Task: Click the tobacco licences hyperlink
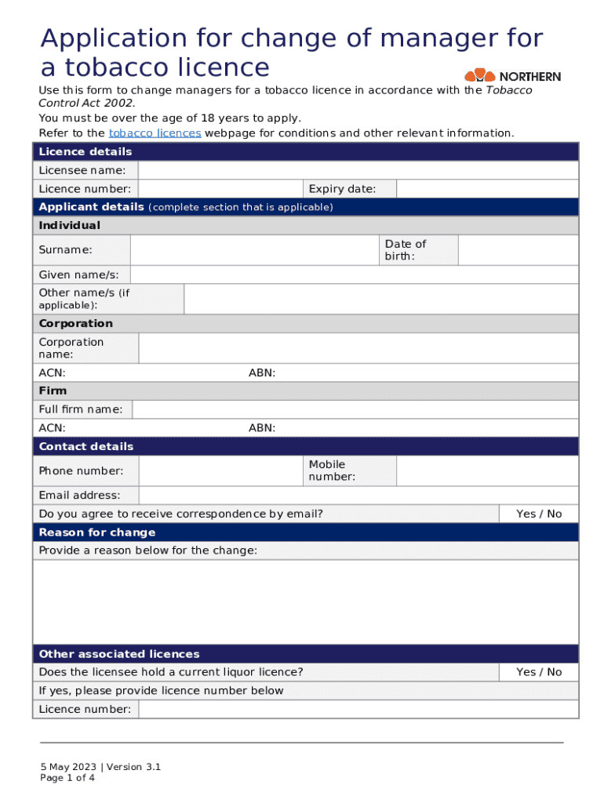pyautogui.click(x=155, y=133)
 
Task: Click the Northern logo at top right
pyautogui.click(x=513, y=76)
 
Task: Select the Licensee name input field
pyautogui.click(x=358, y=170)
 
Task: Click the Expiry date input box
pyautogui.click(x=487, y=189)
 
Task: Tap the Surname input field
pyautogui.click(x=254, y=250)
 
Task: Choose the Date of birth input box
pyautogui.click(x=518, y=250)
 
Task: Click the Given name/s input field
pyautogui.click(x=354, y=274)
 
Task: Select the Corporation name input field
pyautogui.click(x=358, y=348)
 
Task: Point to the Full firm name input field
pyautogui.click(x=355, y=409)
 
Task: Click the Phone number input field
pyautogui.click(x=220, y=471)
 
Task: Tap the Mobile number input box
pyautogui.click(x=487, y=471)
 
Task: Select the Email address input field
pyautogui.click(x=358, y=496)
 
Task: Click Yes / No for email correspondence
pyautogui.click(x=539, y=514)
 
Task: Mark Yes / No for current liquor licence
pyautogui.click(x=539, y=672)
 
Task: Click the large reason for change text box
pyautogui.click(x=305, y=602)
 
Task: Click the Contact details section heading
pyautogui.click(x=86, y=447)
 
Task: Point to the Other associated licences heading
pyautogui.click(x=119, y=654)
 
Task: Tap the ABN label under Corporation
pyautogui.click(x=262, y=373)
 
